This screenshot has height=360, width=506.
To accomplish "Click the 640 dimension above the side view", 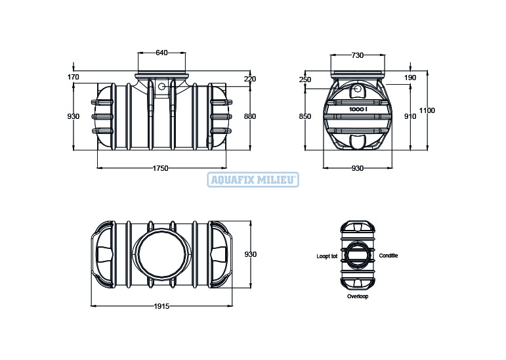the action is [161, 53].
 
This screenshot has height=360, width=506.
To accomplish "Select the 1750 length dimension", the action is [160, 168].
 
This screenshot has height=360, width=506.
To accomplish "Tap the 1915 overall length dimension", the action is [161, 306].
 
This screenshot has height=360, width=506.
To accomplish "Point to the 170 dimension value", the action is [74, 77].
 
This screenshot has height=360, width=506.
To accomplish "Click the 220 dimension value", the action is [250, 79].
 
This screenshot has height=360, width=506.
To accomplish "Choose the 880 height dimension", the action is [250, 116].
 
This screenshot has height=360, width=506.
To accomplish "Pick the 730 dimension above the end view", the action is [357, 55].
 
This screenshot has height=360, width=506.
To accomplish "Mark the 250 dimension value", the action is [305, 79].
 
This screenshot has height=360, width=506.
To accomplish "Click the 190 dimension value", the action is [410, 78].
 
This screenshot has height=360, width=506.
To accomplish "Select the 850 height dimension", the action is [305, 116].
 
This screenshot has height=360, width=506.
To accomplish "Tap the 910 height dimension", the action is [410, 116].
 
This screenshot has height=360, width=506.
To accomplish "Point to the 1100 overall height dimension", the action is [427, 110].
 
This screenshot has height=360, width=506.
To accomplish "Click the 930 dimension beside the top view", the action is [251, 254].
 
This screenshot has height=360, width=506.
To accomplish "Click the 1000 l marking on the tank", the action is [358, 109].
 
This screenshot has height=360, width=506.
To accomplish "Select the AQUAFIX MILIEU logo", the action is [253, 180].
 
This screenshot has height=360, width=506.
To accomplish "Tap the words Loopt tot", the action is [327, 256].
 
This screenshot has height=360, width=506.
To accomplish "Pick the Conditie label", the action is [389, 256].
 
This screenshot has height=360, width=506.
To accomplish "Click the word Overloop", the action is [358, 296].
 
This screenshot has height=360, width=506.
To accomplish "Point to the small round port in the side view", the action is [161, 87].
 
